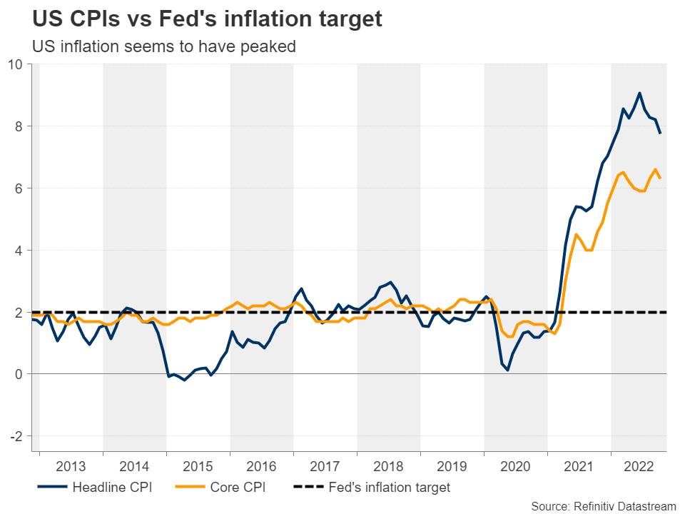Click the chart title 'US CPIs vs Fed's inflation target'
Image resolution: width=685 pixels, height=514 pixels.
pyautogui.click(x=207, y=19)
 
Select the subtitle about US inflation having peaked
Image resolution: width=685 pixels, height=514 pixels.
pyautogui.click(x=164, y=46)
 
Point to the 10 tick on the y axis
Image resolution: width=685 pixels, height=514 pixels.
pyautogui.click(x=15, y=64)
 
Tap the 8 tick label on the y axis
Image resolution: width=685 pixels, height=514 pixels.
pyautogui.click(x=19, y=126)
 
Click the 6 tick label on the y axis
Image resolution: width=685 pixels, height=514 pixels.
pyautogui.click(x=19, y=188)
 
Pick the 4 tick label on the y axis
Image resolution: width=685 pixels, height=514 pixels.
pyautogui.click(x=19, y=251)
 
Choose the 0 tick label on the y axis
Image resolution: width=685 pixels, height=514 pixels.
pyautogui.click(x=19, y=374)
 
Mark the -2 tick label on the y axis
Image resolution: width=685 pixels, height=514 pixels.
pyautogui.click(x=16, y=436)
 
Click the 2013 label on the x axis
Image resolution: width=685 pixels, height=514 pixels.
pyautogui.click(x=71, y=467)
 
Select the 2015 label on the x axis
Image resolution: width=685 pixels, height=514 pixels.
pyautogui.click(x=198, y=467)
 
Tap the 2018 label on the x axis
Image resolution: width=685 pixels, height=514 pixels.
pyautogui.click(x=389, y=467)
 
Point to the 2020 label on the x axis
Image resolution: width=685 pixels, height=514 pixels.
pyautogui.click(x=516, y=467)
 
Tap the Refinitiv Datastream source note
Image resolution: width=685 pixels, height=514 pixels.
pyautogui.click(x=603, y=505)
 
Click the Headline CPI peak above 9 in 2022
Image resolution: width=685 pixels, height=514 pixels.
pyautogui.click(x=639, y=93)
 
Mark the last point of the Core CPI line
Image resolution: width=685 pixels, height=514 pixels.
pyautogui.click(x=660, y=178)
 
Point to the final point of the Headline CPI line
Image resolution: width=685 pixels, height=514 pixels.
pyautogui.click(x=660, y=133)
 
